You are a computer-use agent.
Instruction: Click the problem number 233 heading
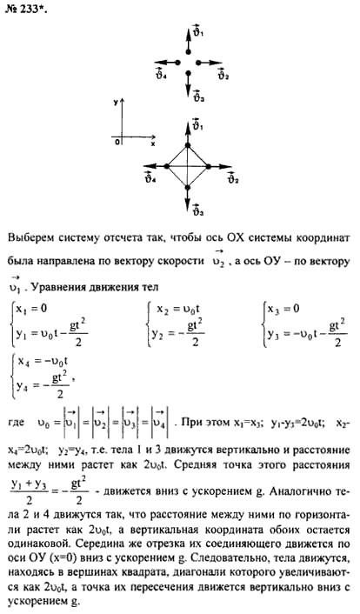pos(26,9)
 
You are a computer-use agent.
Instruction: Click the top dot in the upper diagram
pos(188,52)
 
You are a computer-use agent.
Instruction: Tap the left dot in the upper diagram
pos(177,63)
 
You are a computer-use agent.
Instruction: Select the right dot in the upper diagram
pos(198,63)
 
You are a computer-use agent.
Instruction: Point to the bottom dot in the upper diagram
pos(188,73)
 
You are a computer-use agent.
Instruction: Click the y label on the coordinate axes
pos(116,103)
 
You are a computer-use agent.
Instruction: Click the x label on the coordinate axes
pos(153,143)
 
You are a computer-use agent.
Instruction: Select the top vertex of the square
pos(188,145)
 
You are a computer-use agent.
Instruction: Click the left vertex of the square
pos(166,166)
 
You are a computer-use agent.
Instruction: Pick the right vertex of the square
pos(209,166)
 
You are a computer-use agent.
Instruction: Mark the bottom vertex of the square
pos(188,188)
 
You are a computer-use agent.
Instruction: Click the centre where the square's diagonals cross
pos(188,166)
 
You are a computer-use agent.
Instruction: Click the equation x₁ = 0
pos(31,309)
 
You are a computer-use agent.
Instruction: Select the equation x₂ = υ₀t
pos(178,310)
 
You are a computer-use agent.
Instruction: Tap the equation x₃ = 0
pos(284,309)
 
